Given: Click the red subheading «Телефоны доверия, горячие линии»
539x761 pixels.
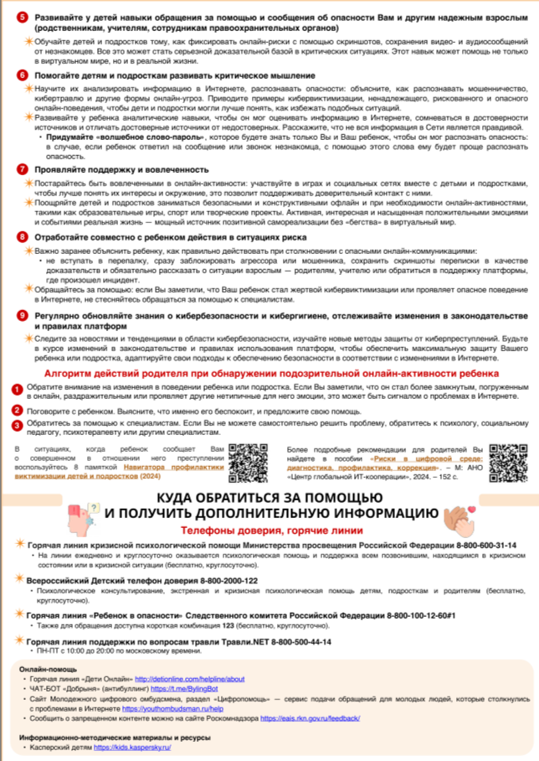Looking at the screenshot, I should (x=269, y=531).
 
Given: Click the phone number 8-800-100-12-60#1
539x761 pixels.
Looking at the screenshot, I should (x=462, y=615).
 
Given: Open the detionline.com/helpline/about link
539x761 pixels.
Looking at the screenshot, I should (x=190, y=678).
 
